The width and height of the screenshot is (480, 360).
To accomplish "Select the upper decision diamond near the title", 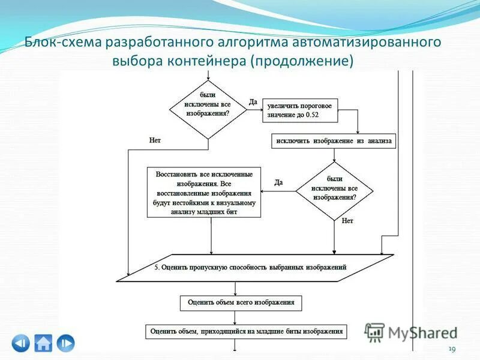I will [208, 109].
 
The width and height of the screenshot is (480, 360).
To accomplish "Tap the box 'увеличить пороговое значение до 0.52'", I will [301, 110].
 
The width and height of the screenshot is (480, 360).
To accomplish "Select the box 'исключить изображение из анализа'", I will [334, 142].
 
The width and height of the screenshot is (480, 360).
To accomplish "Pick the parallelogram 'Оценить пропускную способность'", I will [254, 267].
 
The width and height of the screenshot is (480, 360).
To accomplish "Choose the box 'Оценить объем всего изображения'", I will [241, 302].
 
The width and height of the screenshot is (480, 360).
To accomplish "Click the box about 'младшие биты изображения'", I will [246, 331].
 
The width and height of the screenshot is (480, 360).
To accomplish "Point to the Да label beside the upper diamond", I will [253, 102].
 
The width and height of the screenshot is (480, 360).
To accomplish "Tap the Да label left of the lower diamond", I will [279, 182].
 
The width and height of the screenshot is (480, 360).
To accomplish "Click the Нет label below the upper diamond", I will [155, 140].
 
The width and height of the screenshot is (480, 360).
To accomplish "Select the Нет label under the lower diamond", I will [347, 221].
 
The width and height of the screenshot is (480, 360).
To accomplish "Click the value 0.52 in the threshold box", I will [313, 114].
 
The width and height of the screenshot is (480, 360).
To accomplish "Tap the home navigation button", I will [43, 343].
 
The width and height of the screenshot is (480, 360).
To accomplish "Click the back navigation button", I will [20, 343].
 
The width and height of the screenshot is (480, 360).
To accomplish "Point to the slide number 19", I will [452, 349].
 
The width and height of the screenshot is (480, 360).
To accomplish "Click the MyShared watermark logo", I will [412, 332].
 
